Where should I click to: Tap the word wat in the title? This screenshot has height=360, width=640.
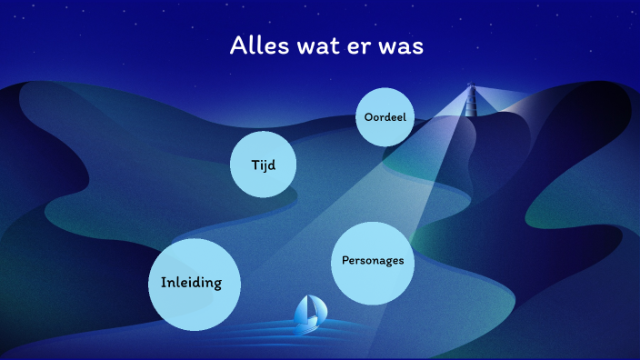point(315,47)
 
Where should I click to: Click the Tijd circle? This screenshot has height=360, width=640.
point(264,165)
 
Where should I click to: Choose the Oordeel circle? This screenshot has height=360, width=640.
point(385,117)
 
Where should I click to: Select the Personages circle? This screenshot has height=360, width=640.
point(372,262)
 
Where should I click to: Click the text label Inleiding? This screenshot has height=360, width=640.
point(191,282)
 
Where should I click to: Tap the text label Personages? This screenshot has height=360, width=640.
point(372,261)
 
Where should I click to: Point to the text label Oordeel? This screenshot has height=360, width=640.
point(385,117)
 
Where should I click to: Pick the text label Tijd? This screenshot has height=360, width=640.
point(264,165)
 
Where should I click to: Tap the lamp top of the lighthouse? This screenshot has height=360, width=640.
point(471,86)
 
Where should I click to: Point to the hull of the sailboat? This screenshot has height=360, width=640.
point(308,322)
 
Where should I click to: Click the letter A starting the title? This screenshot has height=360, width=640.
point(238,46)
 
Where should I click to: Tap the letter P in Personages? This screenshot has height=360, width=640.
point(345,261)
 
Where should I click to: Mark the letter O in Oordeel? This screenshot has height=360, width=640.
point(368,117)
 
